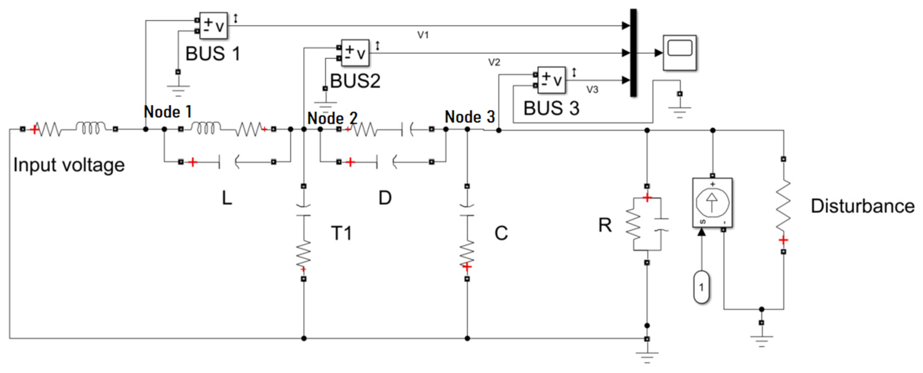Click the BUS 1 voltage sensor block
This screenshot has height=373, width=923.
pyautogui.click(x=213, y=25)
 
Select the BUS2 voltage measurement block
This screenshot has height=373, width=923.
pyautogui.click(x=355, y=53)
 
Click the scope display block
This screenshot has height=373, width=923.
pyautogui.click(x=679, y=53)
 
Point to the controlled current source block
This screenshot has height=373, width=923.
pyautogui.click(x=712, y=203)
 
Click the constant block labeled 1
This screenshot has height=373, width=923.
pyautogui.click(x=701, y=287)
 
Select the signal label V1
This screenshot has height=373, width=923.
pyautogui.click(x=423, y=35)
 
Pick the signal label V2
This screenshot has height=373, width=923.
pyautogui.click(x=494, y=62)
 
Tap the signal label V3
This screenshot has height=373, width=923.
pyautogui.click(x=592, y=89)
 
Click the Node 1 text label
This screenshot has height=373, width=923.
pyautogui.click(x=167, y=112)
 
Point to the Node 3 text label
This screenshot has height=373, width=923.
pyautogui.click(x=469, y=117)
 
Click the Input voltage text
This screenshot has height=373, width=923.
pyautogui.click(x=69, y=165)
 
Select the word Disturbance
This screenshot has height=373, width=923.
pyautogui.click(x=862, y=206)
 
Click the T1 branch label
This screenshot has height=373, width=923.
pyautogui.click(x=341, y=233)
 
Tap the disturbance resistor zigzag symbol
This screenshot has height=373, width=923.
pyautogui.click(x=783, y=206)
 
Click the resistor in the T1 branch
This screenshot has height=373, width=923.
pyautogui.click(x=303, y=254)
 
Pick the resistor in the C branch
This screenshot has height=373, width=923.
pyautogui.click(x=467, y=254)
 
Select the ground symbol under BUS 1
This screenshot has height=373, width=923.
pyautogui.click(x=178, y=89)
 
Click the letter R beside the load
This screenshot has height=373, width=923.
pyautogui.click(x=605, y=226)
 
